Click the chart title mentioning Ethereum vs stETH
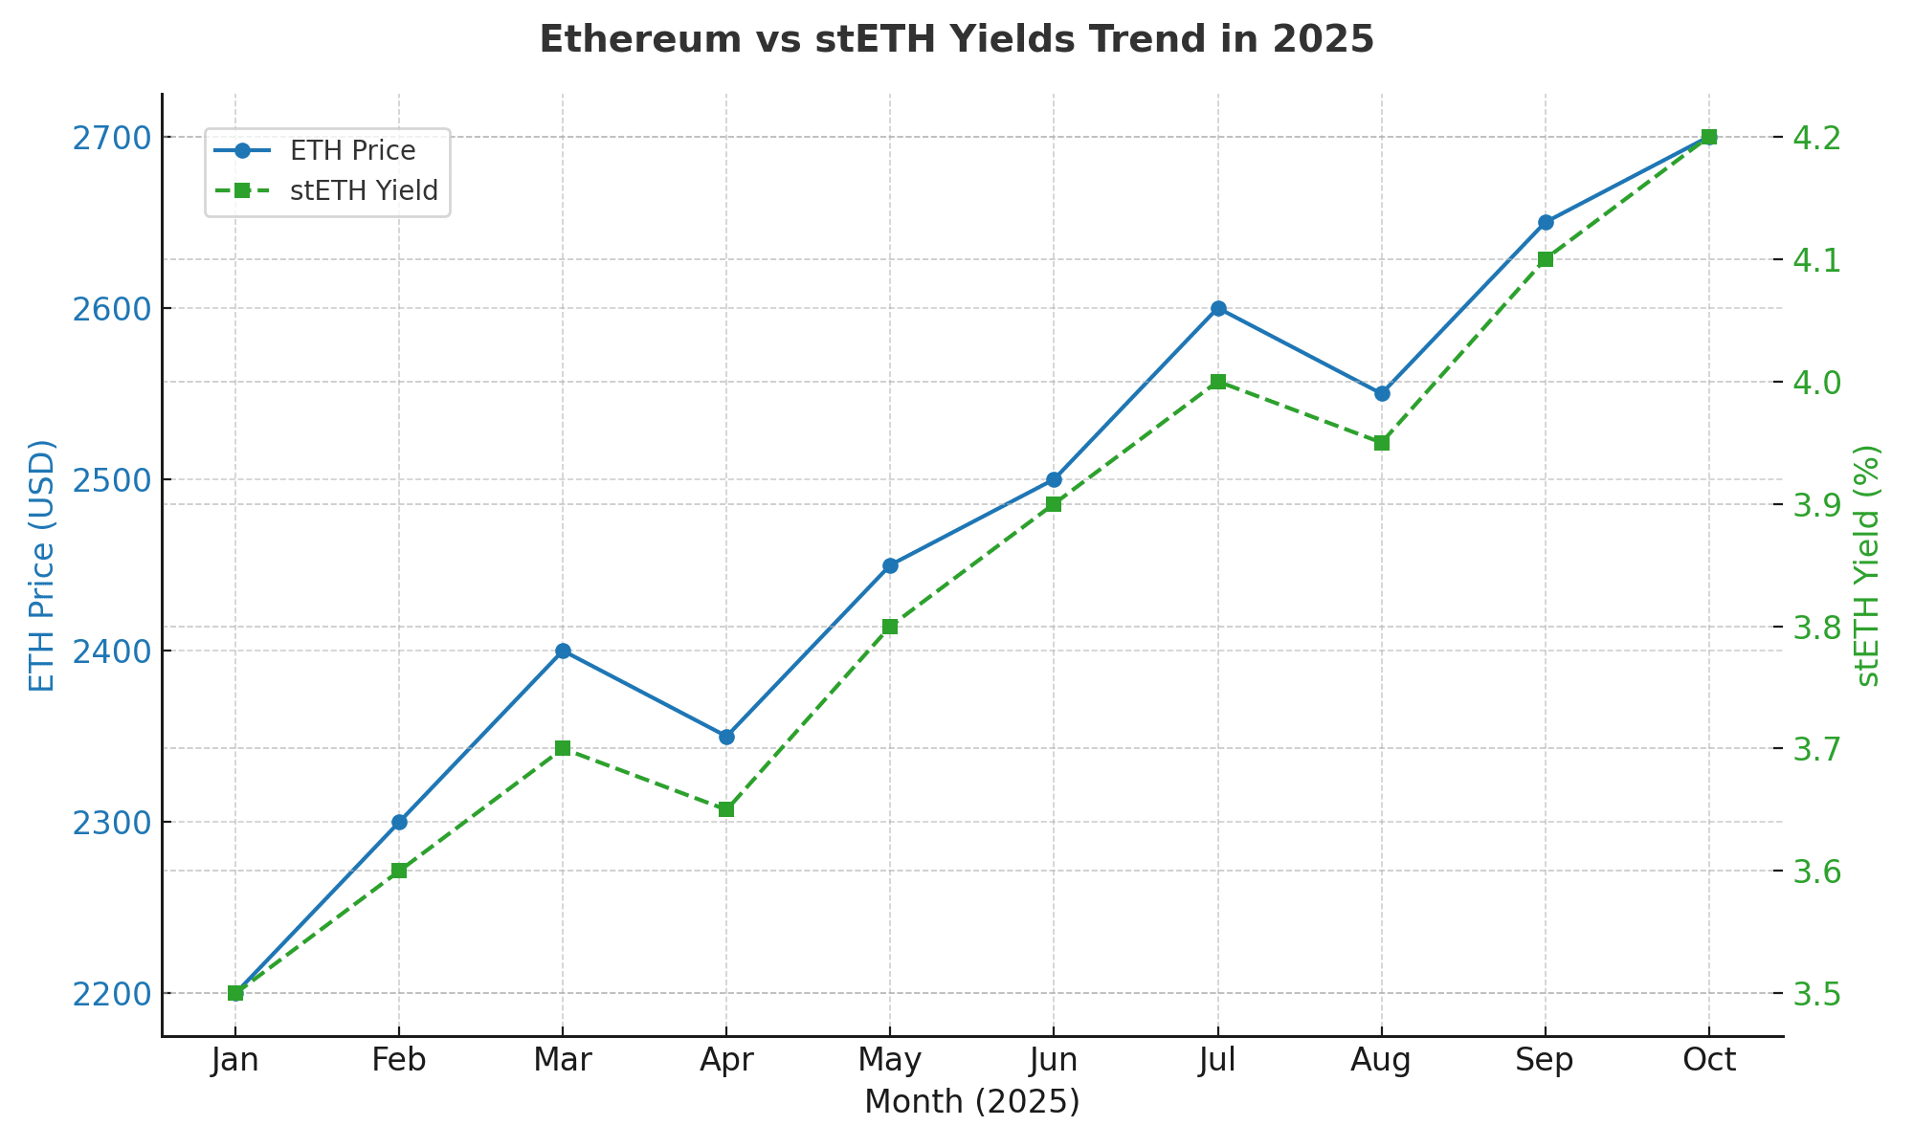[x=957, y=40]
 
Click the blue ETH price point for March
[x=563, y=651]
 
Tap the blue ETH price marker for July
[x=1218, y=308]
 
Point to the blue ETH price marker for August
[x=1382, y=393]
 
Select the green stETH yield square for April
[x=726, y=809]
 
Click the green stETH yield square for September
[x=1546, y=259]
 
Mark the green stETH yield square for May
[x=890, y=627]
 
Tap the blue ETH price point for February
[x=399, y=822]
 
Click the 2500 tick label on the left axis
[x=111, y=480]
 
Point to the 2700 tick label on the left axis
[x=111, y=138]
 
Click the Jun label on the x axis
[x=1054, y=1061]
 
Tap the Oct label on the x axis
[x=1709, y=1061]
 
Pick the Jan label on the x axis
[x=235, y=1061]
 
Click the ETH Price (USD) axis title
[x=42, y=565]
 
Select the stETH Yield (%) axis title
[x=1868, y=565]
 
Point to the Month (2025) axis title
[x=971, y=1102]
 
